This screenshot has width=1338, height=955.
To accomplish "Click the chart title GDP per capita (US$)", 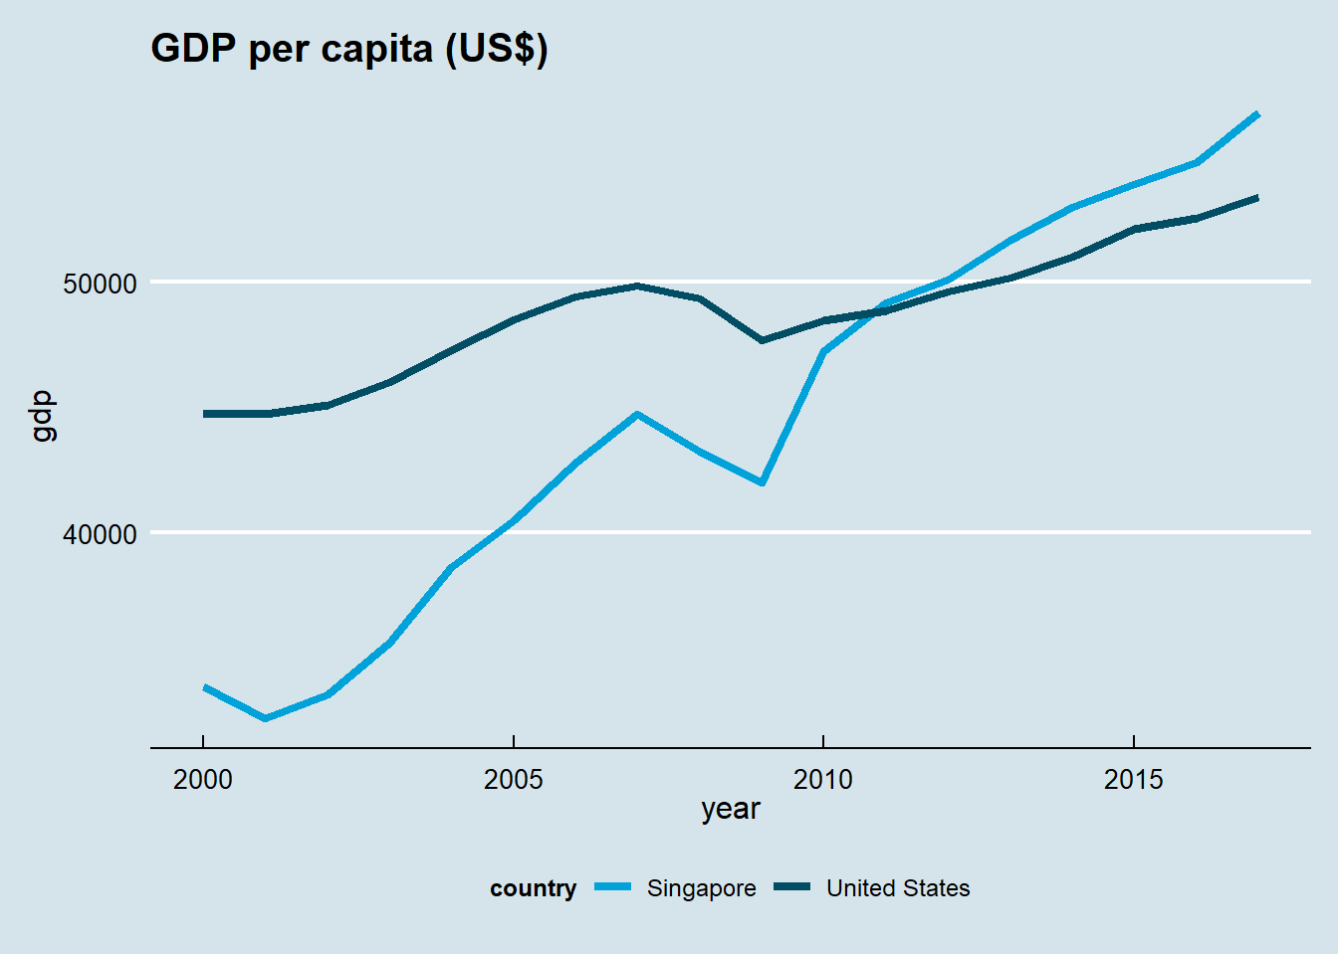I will (x=348, y=48).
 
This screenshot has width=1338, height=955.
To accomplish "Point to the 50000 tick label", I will (x=100, y=284).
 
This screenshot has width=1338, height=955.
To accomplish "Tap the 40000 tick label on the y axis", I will (x=100, y=534).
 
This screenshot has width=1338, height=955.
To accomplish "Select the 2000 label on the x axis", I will (x=203, y=780).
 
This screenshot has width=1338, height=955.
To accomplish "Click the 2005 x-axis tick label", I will (x=513, y=780).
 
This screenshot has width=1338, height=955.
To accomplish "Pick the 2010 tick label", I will (x=823, y=780).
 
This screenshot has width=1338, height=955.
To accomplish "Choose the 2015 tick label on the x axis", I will (x=1133, y=780).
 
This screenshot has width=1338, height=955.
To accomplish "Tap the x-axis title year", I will (x=730, y=810).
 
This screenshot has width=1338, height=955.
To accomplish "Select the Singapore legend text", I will (x=701, y=888).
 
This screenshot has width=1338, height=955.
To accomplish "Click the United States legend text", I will (x=898, y=888).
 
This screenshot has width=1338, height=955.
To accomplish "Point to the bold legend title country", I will (x=533, y=888).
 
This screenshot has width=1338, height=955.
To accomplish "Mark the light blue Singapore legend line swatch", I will (x=613, y=887).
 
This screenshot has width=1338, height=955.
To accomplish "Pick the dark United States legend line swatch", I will (x=793, y=887).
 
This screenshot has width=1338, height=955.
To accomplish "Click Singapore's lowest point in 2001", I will (x=265, y=718).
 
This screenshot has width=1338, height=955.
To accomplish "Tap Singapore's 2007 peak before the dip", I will (x=637, y=414).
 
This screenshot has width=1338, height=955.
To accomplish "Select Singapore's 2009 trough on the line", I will (x=762, y=482).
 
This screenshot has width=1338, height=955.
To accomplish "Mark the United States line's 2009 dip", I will (x=762, y=341).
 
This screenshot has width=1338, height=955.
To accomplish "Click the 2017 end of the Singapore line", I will (x=1258, y=114).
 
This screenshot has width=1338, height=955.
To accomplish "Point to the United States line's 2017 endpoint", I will (x=1258, y=197).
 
